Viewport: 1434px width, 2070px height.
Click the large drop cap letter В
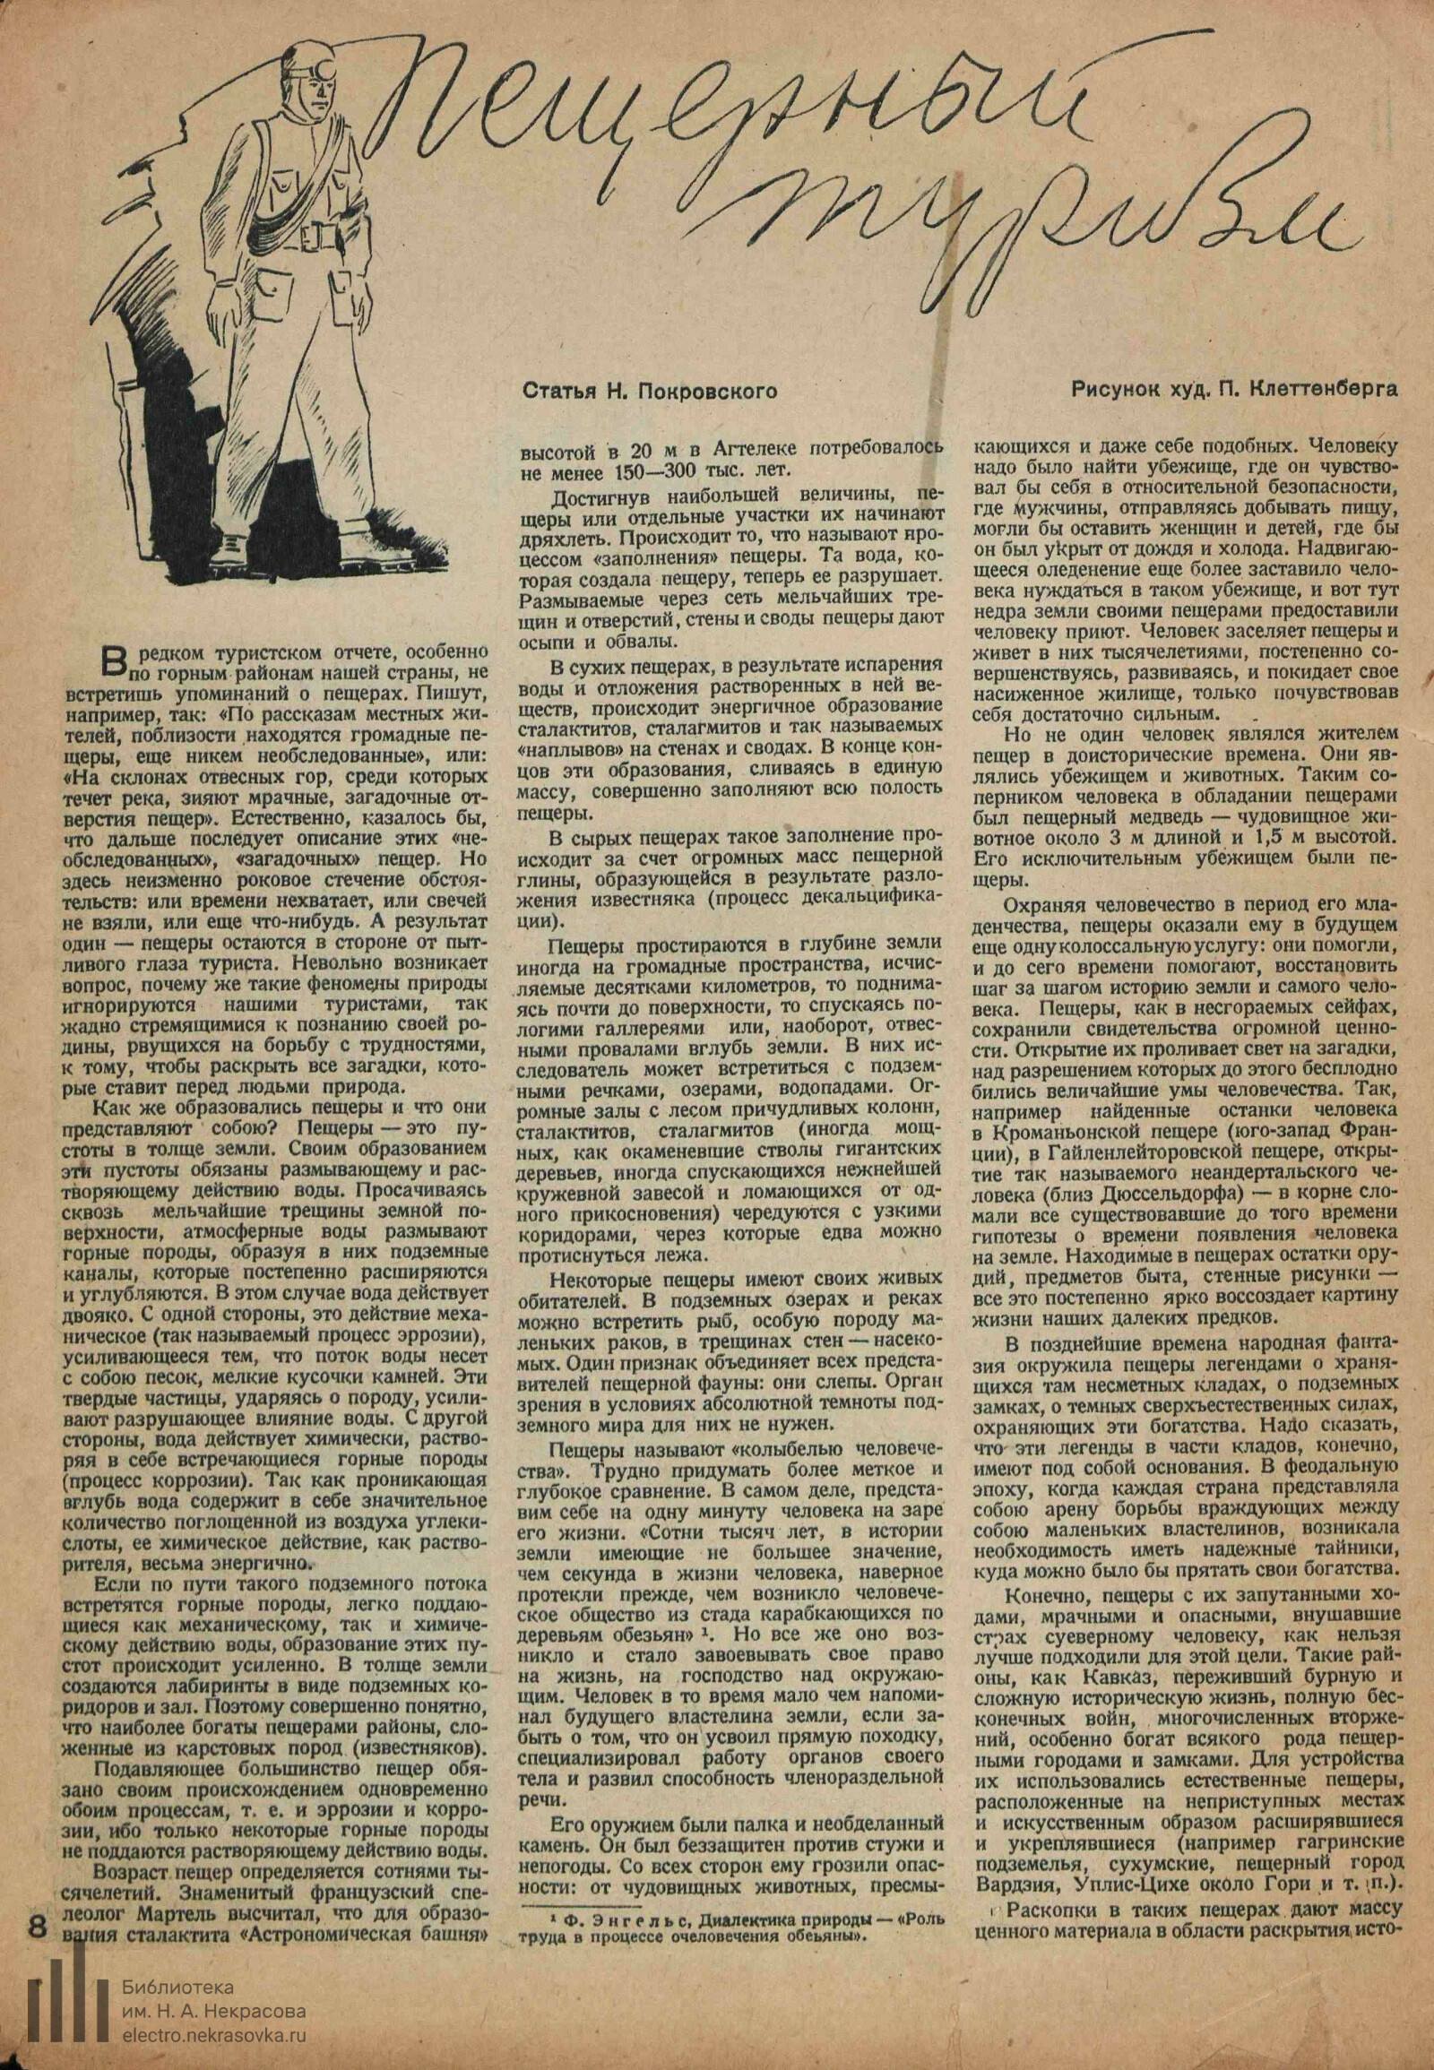point(114,662)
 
